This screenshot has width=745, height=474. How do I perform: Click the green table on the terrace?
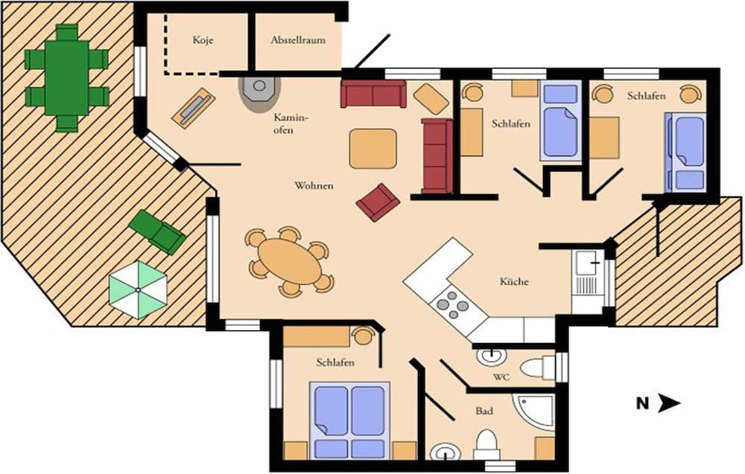pyautogui.click(x=67, y=77)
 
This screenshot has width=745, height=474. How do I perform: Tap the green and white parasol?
pyautogui.click(x=138, y=290)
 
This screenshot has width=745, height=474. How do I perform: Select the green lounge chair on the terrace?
pyautogui.click(x=157, y=231)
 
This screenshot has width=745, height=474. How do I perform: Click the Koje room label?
pyautogui.click(x=203, y=40)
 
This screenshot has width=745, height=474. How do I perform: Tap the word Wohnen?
pyautogui.click(x=314, y=185)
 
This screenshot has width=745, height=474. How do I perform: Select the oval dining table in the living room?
pyautogui.click(x=290, y=261)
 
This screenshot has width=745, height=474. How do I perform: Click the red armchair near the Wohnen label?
pyautogui.click(x=378, y=202)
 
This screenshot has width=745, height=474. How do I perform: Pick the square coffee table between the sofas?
pyautogui.click(x=373, y=148)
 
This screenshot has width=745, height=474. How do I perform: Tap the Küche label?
pyautogui.click(x=514, y=282)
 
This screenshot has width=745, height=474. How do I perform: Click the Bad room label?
pyautogui.click(x=484, y=410)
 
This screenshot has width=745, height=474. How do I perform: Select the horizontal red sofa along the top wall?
pyautogui.click(x=373, y=95)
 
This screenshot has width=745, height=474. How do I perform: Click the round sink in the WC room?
pyautogui.click(x=490, y=356)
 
